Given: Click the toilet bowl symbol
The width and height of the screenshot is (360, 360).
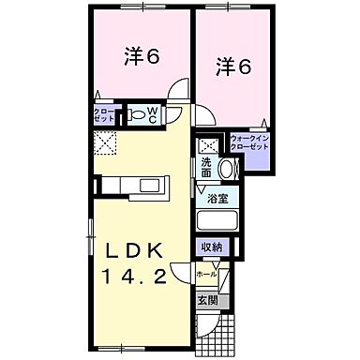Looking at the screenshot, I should point(139,114).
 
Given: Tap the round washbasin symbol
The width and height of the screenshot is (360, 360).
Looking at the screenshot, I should point(226,168).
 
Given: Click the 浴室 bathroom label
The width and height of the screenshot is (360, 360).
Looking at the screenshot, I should point(217,198).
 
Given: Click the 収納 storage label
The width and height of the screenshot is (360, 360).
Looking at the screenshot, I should point(212,247).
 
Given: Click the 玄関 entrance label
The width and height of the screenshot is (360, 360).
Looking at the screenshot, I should point(207,301).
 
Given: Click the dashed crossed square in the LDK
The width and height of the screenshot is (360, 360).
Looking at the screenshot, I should point(103,142).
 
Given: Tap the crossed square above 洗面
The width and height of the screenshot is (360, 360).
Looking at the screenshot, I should point(208,145).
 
